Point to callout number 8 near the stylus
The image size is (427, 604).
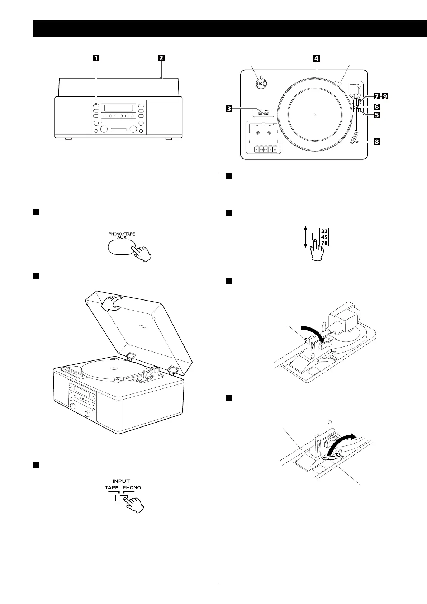click(x=376, y=142)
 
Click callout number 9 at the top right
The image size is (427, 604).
click(x=385, y=96)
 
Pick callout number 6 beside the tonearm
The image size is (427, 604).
click(x=376, y=107)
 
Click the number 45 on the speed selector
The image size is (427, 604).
click(x=324, y=237)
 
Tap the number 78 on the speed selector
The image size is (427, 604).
click(x=324, y=243)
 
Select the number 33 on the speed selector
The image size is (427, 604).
click(x=324, y=231)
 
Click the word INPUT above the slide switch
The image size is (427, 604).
click(x=121, y=481)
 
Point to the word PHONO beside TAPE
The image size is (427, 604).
click(x=132, y=488)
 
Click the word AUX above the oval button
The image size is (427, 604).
click(x=122, y=237)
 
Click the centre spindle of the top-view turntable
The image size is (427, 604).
click(x=314, y=115)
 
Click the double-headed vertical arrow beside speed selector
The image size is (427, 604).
click(x=305, y=237)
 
